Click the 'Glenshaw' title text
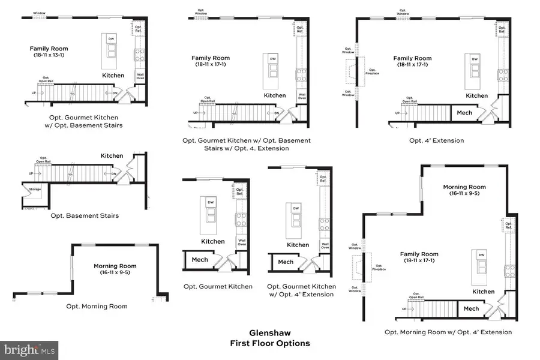[x=270, y=332]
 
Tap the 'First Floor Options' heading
[x=270, y=343]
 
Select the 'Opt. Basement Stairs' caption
[x=85, y=215]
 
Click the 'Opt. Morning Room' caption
[x=97, y=306]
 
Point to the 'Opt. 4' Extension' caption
[x=436, y=140]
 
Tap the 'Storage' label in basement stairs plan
[x=34, y=188]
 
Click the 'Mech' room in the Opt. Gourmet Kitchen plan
[x=200, y=260]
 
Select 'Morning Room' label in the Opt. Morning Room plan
[x=115, y=266]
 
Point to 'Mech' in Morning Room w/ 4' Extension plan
[x=471, y=309]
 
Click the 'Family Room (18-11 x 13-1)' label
[x=50, y=52]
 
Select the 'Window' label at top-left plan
[x=39, y=13]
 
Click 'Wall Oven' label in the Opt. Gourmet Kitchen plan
[x=242, y=243]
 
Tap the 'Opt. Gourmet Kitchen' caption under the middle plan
[x=218, y=287]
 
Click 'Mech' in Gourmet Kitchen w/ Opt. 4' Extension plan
[x=286, y=262]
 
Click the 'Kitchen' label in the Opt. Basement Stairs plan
[x=112, y=155]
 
